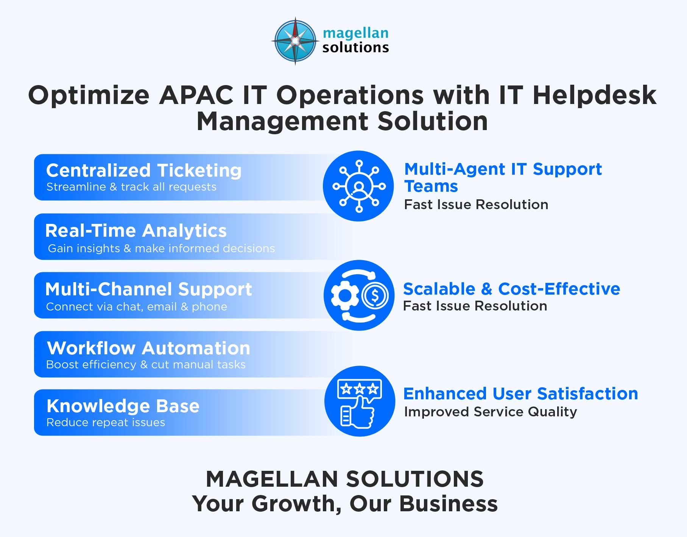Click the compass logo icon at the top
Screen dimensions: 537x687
click(x=295, y=40)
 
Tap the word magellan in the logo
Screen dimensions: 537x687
click(x=355, y=33)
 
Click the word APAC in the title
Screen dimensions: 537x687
click(x=196, y=95)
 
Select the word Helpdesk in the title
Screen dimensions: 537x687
click(x=594, y=95)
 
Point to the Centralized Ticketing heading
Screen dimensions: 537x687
click(x=144, y=171)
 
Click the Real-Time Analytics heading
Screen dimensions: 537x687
click(x=136, y=231)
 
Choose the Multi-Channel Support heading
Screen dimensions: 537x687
click(x=148, y=289)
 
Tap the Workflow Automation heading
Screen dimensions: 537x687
click(x=148, y=348)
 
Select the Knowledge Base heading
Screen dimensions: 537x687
click(x=123, y=406)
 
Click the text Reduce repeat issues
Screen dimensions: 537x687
click(x=106, y=422)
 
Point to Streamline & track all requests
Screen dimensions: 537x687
click(x=131, y=187)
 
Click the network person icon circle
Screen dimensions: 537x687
click(x=358, y=186)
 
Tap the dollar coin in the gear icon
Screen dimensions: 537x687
click(x=375, y=295)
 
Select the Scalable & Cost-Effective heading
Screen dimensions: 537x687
click(x=511, y=289)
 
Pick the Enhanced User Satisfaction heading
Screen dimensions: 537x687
click(x=520, y=394)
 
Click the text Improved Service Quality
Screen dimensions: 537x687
click(x=491, y=412)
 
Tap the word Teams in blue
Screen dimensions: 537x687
click(x=431, y=186)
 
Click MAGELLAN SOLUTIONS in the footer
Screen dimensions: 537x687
click(x=344, y=479)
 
